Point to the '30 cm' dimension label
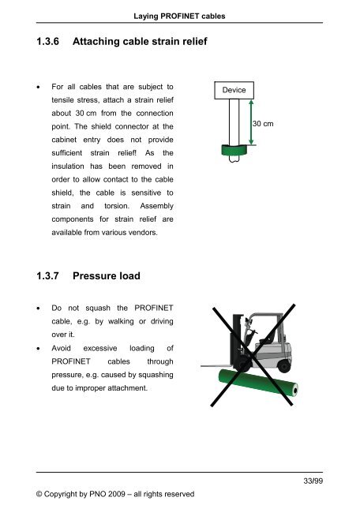click(x=264, y=124)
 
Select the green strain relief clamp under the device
click(x=233, y=150)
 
